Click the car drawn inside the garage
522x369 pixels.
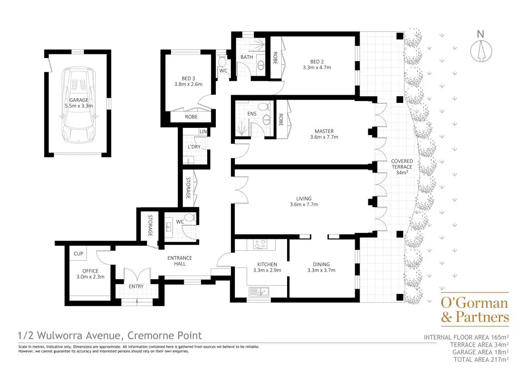coord(79,105)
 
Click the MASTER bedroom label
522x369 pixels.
coord(324,131)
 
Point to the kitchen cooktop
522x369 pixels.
coord(260,244)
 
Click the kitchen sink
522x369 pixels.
coord(259,291)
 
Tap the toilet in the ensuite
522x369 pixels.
coord(265,107)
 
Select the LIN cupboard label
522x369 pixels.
coord(203,132)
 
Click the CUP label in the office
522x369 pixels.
coord(78,253)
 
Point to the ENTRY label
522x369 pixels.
coord(136,286)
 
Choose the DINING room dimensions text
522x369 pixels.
coord(321,270)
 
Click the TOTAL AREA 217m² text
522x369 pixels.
coord(481,359)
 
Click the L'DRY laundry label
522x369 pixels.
coord(194,147)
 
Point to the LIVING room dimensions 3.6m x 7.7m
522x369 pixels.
coord(303,204)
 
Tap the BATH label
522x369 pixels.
coord(247,57)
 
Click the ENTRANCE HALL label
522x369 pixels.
coord(180,261)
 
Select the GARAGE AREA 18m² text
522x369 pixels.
coord(480,352)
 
